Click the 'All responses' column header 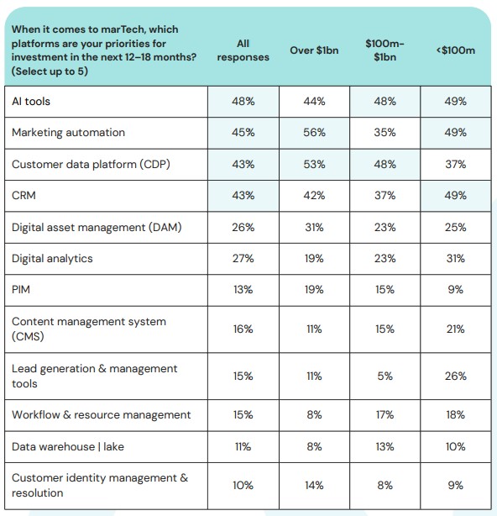click(243, 50)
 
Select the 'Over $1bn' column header click(314, 50)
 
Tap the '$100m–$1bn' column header click(385, 50)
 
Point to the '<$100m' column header click(456, 50)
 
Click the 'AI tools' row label click(31, 102)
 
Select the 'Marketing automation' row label click(68, 133)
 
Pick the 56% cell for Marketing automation click(314, 133)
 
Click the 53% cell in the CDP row click(314, 164)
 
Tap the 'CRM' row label click(24, 196)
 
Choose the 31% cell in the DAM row click(314, 228)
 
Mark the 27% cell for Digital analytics click(243, 259)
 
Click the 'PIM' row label click(21, 290)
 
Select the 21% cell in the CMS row click(456, 329)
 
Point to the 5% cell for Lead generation click(385, 376)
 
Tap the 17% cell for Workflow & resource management click(385, 414)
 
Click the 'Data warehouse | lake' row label click(68, 446)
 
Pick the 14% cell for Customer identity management click(314, 485)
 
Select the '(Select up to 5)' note click(50, 71)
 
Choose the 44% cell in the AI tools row click(314, 102)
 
